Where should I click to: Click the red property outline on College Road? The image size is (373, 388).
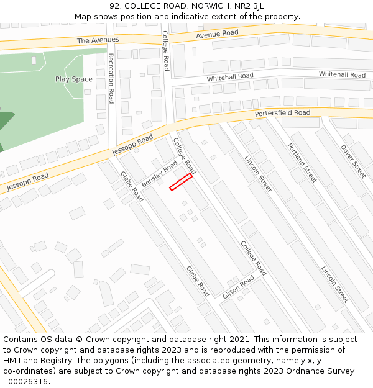[x=181, y=182]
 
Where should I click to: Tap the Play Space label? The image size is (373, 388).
[x=73, y=79]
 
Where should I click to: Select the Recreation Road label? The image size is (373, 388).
[x=111, y=78]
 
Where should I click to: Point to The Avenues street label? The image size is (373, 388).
[x=98, y=40]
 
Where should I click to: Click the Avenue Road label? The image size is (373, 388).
[x=217, y=34]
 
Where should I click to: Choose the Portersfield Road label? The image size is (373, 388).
[x=282, y=114]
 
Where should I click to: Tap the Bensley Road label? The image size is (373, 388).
[x=160, y=176]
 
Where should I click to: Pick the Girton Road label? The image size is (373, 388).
[x=238, y=287]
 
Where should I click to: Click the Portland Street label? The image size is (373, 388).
[x=302, y=163]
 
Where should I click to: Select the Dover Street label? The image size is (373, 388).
[x=353, y=161]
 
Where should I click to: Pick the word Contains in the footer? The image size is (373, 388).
[x=21, y=340]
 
